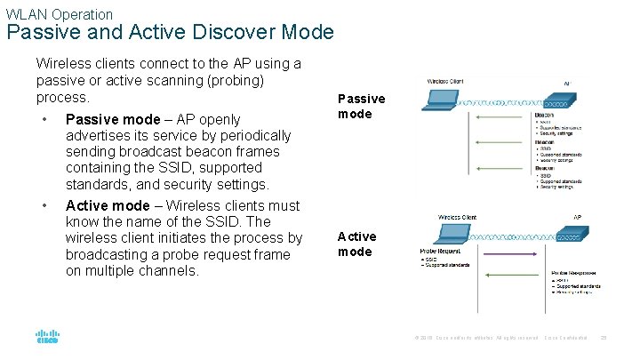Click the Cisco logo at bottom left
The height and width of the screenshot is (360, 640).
pyautogui.click(x=46, y=337)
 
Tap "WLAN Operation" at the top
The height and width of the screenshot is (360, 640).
pyautogui.click(x=60, y=14)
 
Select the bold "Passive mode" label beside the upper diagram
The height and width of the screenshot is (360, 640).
pyautogui.click(x=361, y=106)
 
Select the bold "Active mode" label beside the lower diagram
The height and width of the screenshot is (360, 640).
pyautogui.click(x=356, y=244)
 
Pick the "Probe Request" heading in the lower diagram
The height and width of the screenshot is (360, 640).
pyautogui.click(x=440, y=252)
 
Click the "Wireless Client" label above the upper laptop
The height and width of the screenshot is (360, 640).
pyautogui.click(x=451, y=81)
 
